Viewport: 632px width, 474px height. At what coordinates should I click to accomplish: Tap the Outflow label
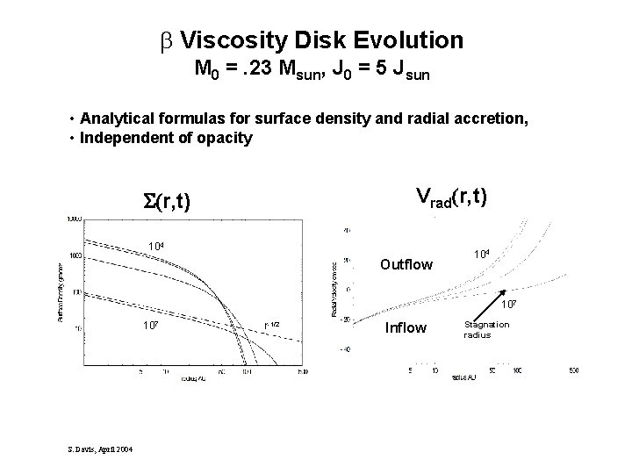coord(406,263)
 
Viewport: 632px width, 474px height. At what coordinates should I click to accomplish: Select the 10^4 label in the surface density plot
coord(158,246)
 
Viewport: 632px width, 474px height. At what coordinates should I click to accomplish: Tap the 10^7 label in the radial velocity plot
coord(509,305)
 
